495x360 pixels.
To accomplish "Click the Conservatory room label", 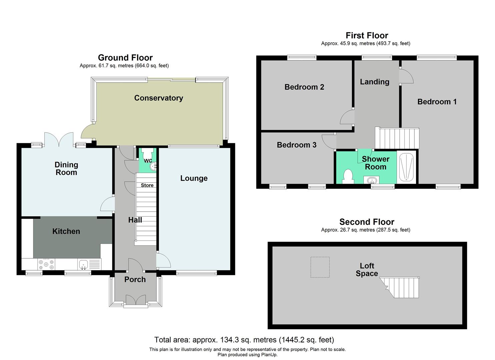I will click(158, 98).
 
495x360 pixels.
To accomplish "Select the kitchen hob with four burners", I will click(46, 264).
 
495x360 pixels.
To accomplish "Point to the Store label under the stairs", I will click(147, 185).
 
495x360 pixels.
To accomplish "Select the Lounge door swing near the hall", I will click(163, 261).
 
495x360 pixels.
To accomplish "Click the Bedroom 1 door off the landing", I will click(406, 76).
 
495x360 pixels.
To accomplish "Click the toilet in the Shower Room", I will click(347, 176).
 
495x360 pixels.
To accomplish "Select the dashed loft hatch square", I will click(320, 267).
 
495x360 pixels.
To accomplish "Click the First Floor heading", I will click(367, 35).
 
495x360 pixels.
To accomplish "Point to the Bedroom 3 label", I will click(296, 145).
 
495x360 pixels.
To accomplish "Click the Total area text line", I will click(244, 340).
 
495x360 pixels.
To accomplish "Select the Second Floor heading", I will click(367, 222).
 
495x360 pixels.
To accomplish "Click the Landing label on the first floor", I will click(374, 82).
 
